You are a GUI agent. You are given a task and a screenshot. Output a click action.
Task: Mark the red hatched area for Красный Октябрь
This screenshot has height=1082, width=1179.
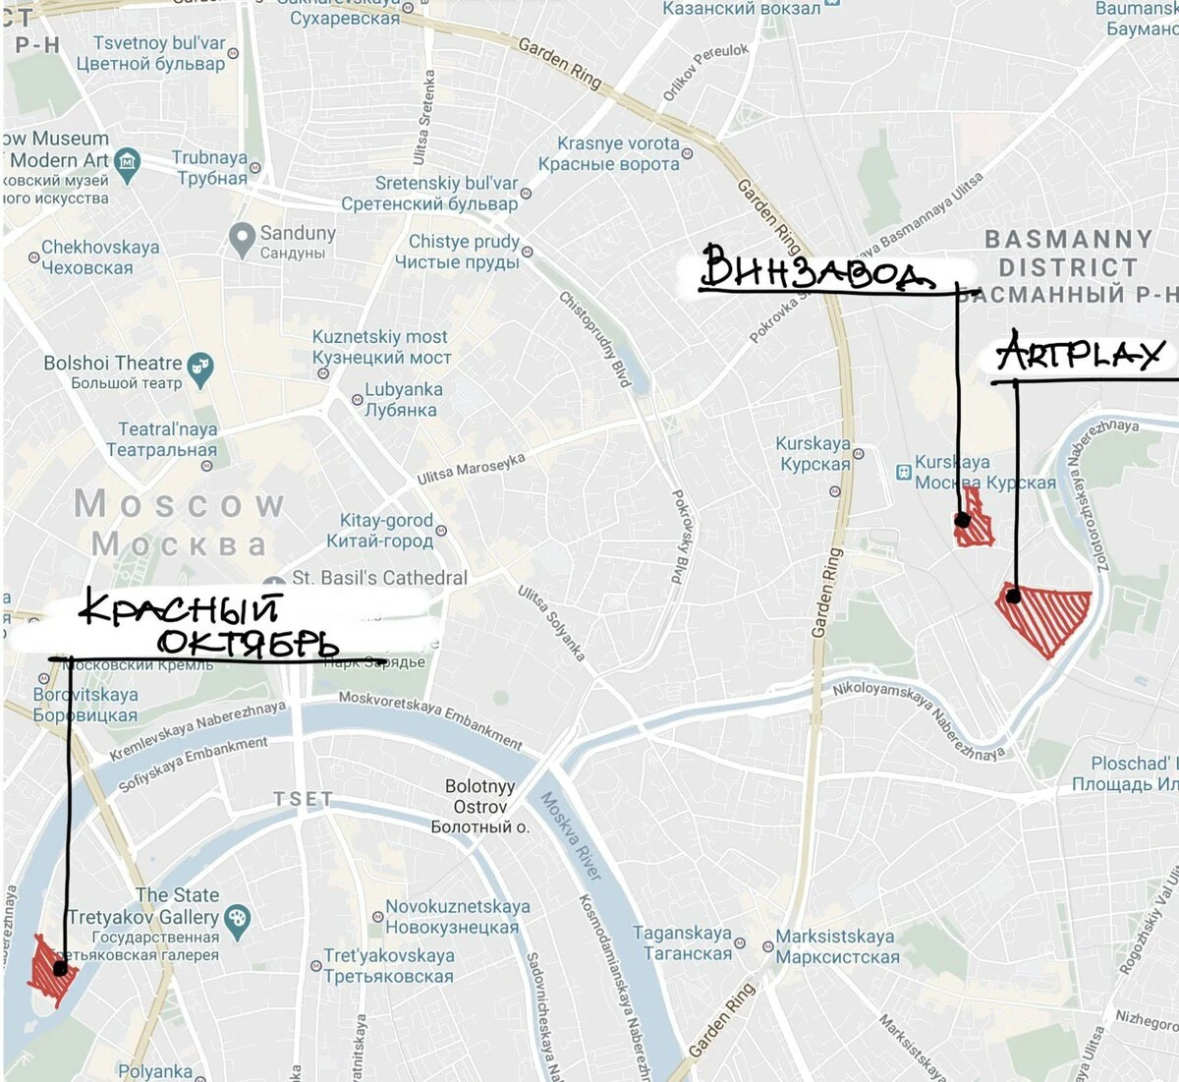(49, 969)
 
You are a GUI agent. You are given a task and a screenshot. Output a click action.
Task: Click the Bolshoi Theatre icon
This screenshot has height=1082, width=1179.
(200, 368)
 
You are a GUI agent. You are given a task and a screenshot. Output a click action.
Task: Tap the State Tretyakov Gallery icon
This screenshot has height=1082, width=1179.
(237, 920)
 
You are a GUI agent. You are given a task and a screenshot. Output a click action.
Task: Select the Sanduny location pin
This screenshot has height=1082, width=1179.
(242, 240)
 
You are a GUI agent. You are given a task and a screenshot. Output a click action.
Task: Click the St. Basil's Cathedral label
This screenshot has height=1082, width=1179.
(379, 578)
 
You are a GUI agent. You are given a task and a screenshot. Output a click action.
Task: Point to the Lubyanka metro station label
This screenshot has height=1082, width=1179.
(402, 399)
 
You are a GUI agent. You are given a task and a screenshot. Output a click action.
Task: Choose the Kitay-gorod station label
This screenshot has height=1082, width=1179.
(385, 531)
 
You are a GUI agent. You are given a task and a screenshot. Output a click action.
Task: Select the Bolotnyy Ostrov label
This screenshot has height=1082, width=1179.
(479, 806)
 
